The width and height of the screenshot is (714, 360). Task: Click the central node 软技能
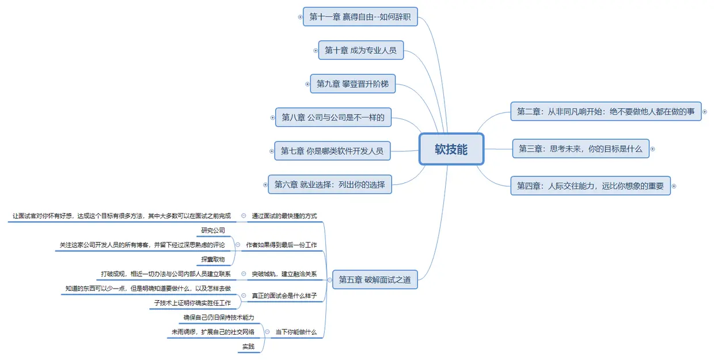coord(451,149)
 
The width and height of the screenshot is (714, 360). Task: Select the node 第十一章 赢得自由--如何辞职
coord(360,17)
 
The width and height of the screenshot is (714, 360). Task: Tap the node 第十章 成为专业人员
coord(360,50)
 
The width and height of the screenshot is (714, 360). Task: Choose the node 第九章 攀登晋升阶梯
coord(352,84)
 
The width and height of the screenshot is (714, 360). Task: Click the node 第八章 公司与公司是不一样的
coord(333,118)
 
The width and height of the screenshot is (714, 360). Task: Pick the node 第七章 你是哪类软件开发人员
coord(332,151)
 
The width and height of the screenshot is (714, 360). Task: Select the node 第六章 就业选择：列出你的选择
coord(329,185)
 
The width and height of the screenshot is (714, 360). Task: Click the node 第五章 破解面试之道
coord(375,280)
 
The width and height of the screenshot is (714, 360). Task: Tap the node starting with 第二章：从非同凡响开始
coord(605,111)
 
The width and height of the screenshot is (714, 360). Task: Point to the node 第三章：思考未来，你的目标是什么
coord(580,149)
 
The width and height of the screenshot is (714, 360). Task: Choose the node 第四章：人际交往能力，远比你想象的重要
coord(590,185)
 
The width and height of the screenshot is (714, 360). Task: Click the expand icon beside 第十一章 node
coord(300,17)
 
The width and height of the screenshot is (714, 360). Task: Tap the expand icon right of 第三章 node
coord(652,149)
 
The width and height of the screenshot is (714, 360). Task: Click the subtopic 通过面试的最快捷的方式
coord(284,217)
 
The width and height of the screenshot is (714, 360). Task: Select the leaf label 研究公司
coord(212,231)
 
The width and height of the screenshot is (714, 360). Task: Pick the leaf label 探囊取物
coord(212,259)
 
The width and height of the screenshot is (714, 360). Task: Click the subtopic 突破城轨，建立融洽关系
coord(284,274)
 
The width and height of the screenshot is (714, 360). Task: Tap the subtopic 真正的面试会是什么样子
coord(284,295)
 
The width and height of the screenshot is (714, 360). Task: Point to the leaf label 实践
coord(248,347)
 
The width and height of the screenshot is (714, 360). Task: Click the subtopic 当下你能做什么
coord(295,332)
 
